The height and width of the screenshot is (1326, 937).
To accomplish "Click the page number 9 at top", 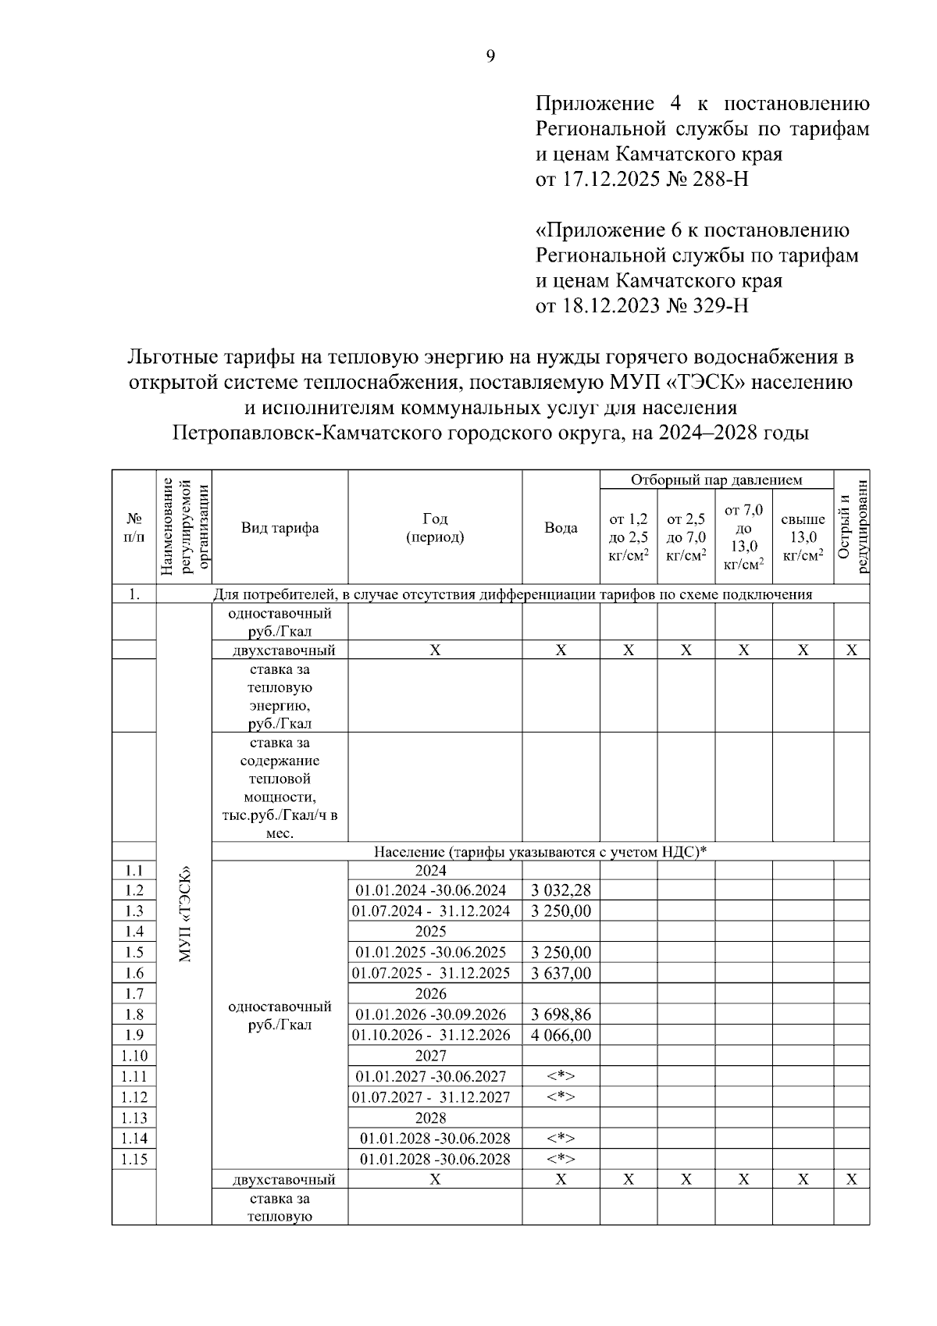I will [490, 55].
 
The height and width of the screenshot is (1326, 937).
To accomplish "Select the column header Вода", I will [561, 528].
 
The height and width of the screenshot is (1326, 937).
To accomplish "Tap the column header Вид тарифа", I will [280, 528].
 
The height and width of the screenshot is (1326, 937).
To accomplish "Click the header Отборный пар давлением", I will [716, 479].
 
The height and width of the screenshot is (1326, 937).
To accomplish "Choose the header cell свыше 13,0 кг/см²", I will [803, 537].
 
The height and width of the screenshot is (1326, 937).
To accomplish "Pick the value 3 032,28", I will [561, 890].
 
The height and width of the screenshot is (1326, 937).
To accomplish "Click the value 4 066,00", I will [561, 1035].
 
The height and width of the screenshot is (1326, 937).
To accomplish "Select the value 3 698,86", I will [561, 1014].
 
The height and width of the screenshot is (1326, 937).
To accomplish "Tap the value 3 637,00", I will [561, 973].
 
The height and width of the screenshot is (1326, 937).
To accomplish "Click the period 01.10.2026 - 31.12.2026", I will [431, 1035].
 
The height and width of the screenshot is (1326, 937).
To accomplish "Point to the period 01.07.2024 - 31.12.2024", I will [431, 911].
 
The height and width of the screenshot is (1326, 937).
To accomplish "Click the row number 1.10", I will [134, 1056].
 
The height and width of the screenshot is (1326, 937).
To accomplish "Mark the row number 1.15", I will [134, 1159].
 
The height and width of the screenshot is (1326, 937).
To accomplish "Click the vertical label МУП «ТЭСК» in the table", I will [184, 914].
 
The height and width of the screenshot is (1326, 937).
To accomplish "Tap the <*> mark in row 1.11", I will [561, 1076].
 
